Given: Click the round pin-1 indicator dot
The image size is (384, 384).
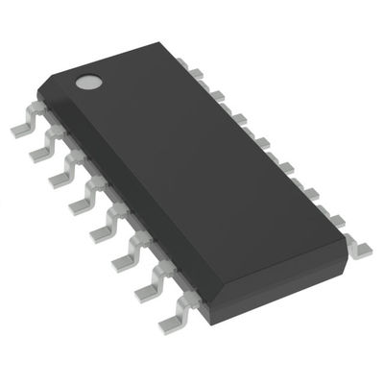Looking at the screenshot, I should pyautogui.click(x=88, y=82).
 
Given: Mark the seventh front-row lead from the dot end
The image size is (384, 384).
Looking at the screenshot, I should pyautogui.click(x=146, y=285).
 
